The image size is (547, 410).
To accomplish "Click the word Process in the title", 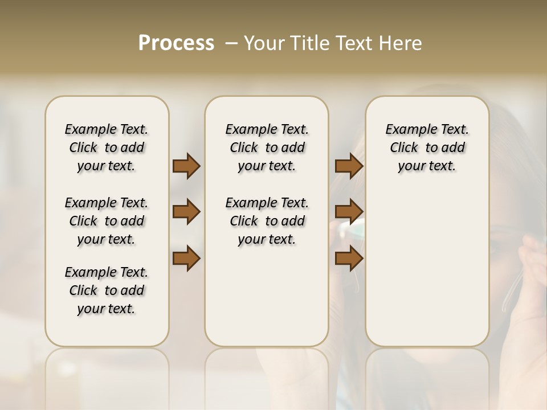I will tap(176, 43).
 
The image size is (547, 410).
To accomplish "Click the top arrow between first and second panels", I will tap(186, 166).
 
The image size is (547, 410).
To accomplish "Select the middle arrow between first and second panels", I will tap(186, 212).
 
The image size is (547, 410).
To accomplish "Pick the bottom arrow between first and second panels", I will tap(186, 259).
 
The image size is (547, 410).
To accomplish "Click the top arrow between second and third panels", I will tap(349, 166).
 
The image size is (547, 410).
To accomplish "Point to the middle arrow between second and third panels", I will tap(349, 212).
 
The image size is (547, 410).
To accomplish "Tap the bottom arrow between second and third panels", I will tap(349, 259).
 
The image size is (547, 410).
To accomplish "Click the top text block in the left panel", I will tap(107, 147).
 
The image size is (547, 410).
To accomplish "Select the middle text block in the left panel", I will tap(107, 221).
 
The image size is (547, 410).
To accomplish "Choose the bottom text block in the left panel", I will tap(107, 290).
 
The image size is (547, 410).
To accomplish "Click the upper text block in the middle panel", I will tap(267, 147).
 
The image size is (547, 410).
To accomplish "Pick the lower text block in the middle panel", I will tap(267, 221).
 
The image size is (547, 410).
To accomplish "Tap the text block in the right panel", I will tap(427, 147).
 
